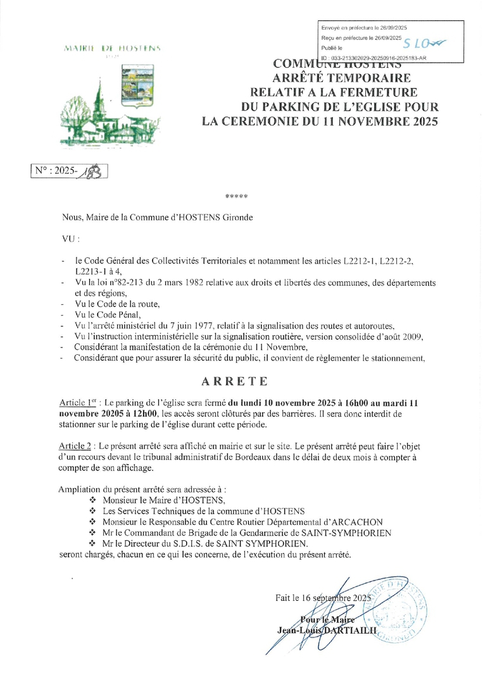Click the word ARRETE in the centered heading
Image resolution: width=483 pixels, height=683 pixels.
pos(234,381)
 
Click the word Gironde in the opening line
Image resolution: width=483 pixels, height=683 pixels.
pos(235,217)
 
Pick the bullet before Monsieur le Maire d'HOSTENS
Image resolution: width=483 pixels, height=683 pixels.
pos(92,500)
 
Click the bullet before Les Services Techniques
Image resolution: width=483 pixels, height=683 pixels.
pos(92,510)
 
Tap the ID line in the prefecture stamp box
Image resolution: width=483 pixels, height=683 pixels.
pos(373,58)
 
